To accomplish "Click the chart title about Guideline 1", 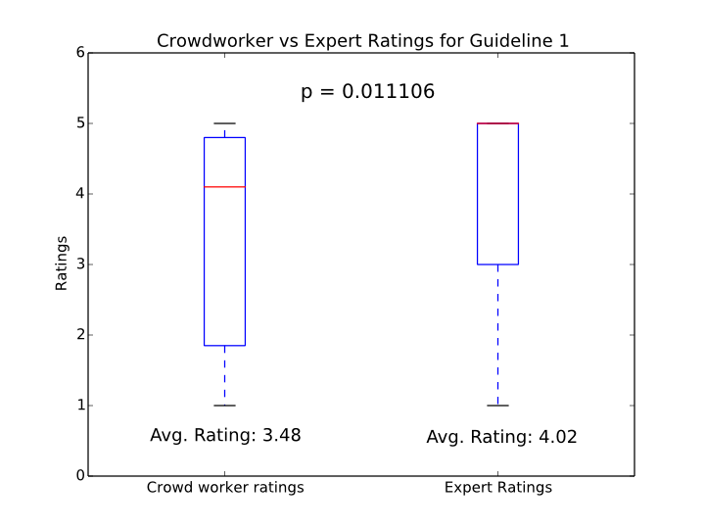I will click(x=363, y=40).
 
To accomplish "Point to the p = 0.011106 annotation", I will click(x=367, y=92).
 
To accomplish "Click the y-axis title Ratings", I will click(x=62, y=263).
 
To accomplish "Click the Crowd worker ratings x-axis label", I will click(x=225, y=487).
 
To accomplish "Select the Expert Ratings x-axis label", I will click(x=497, y=487).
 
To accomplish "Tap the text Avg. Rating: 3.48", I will click(x=225, y=435).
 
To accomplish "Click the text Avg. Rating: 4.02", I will click(x=501, y=437).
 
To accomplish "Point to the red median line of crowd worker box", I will click(x=224, y=186).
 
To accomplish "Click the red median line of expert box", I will click(x=497, y=123).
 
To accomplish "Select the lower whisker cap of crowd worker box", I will click(x=224, y=406).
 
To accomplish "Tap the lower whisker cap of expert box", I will click(x=497, y=406).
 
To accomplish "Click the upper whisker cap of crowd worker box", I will click(x=224, y=123).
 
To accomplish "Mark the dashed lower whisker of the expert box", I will click(x=497, y=333).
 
